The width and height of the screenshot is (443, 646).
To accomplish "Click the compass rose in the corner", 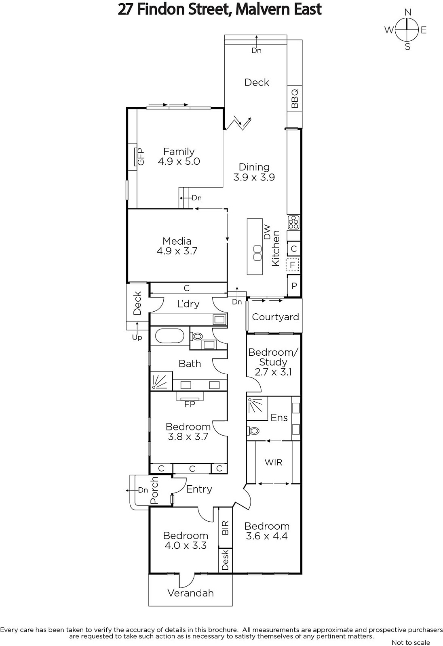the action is (407, 29).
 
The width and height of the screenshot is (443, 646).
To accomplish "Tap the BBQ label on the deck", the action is (295, 99).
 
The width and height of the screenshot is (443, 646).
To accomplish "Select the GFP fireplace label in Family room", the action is (140, 156).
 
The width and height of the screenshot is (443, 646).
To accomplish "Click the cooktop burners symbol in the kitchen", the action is (294, 222).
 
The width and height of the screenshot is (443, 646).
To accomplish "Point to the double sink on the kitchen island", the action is (257, 253).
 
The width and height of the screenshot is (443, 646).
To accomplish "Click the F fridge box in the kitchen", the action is (292, 265).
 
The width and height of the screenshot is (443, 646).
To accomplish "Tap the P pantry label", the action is (294, 286).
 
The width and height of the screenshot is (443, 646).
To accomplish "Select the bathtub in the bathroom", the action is (169, 336).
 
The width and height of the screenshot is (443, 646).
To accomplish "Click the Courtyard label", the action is (275, 317).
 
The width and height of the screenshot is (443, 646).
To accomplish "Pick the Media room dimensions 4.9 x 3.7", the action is (177, 251).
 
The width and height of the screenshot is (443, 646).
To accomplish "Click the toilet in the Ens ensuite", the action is (253, 431).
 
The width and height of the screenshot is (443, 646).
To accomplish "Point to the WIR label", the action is (273, 462).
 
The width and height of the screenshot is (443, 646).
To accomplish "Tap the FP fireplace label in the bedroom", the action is (190, 404).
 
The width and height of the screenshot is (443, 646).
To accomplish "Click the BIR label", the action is (225, 527).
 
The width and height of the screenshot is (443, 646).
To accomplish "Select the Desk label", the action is (225, 560).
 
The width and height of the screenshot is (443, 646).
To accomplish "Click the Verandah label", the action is (191, 593).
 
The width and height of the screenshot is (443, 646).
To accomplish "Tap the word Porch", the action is (154, 490).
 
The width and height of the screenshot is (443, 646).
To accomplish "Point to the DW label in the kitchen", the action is (268, 232).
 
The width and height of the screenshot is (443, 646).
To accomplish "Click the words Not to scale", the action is (410, 642).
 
